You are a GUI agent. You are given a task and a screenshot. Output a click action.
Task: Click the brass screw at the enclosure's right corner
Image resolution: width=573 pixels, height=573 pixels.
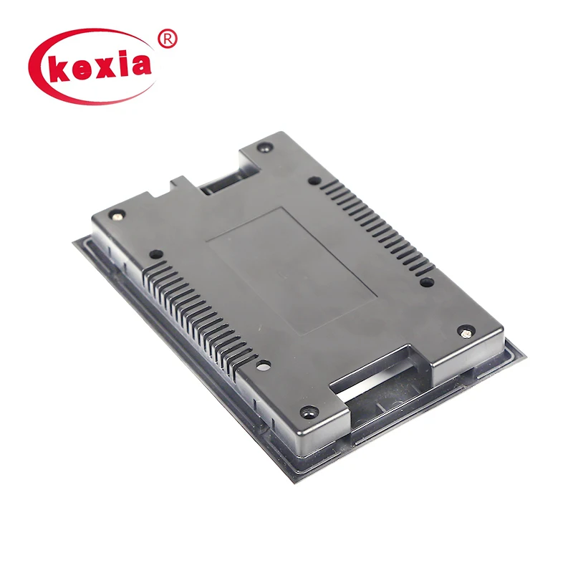[466, 332]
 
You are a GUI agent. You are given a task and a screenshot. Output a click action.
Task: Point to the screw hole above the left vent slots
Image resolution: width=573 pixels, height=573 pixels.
[154, 253]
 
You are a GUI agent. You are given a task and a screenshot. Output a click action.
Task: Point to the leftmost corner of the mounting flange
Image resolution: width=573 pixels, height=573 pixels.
[74, 241]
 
